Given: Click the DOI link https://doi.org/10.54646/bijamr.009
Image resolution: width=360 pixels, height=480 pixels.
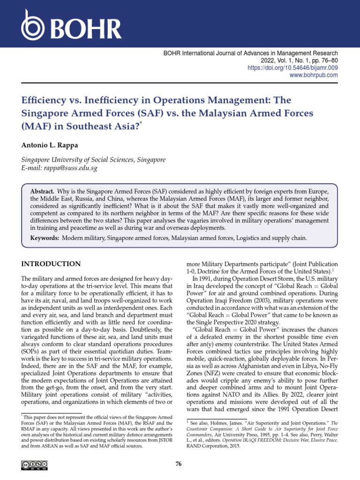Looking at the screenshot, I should click(x=292, y=68).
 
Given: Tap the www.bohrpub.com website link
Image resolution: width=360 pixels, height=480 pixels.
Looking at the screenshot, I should click(x=314, y=75).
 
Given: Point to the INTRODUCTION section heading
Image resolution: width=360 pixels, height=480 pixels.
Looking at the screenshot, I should click(x=51, y=264).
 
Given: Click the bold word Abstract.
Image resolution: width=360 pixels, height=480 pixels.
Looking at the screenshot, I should click(x=42, y=193).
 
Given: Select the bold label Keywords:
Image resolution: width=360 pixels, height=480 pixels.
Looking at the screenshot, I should click(x=45, y=238).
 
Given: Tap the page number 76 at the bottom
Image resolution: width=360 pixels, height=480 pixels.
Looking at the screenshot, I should click(x=178, y=464).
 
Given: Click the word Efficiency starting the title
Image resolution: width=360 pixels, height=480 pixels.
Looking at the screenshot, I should click(x=45, y=100).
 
